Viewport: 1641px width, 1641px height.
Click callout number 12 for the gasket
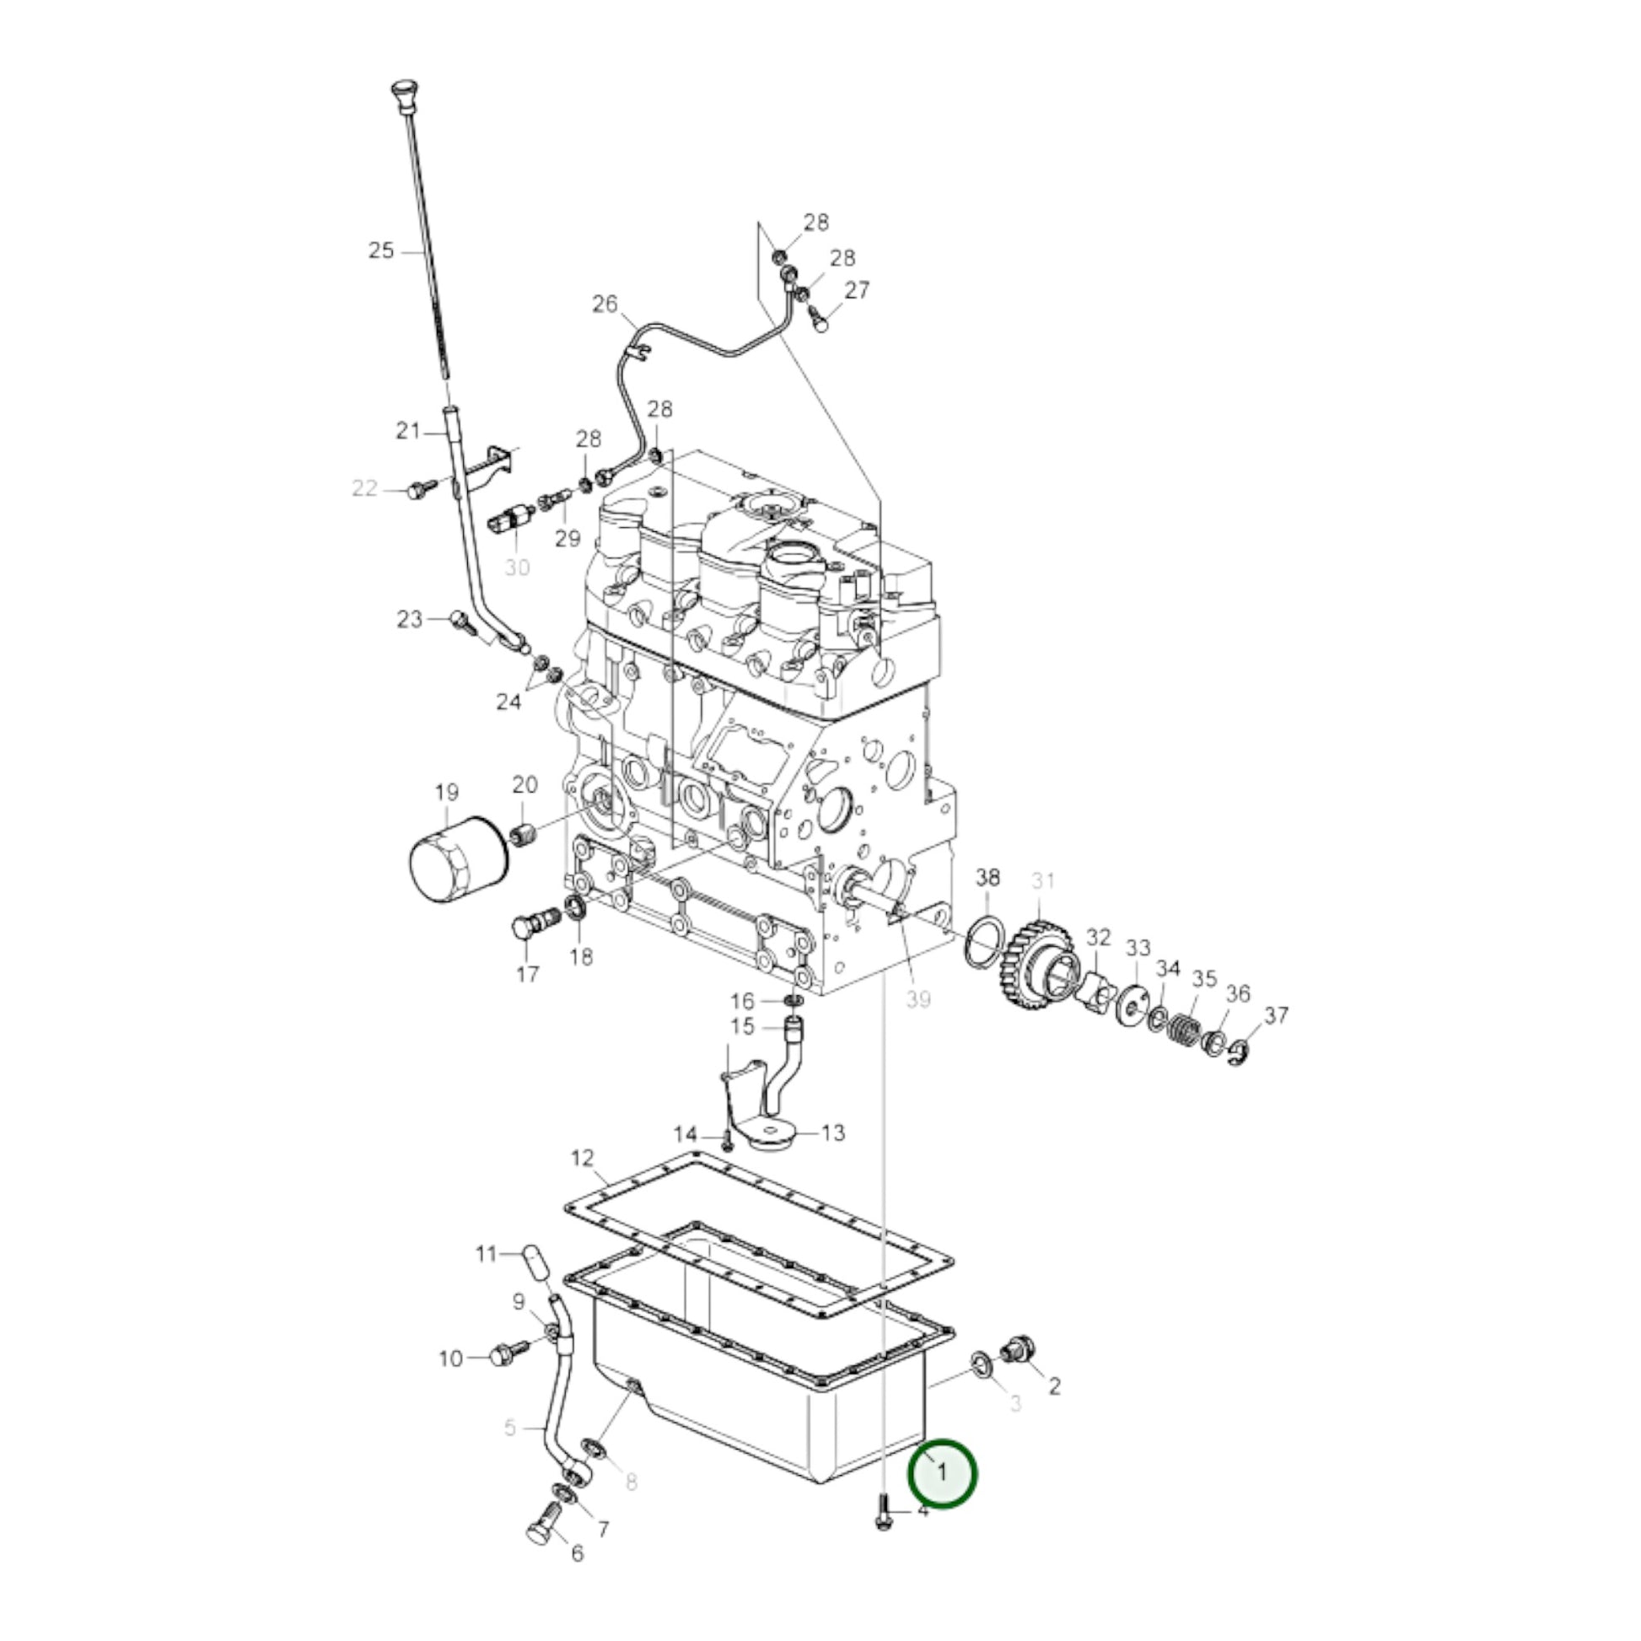point(583,1159)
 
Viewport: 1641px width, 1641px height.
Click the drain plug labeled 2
point(1019,1374)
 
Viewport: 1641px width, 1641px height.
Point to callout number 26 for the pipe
point(605,304)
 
